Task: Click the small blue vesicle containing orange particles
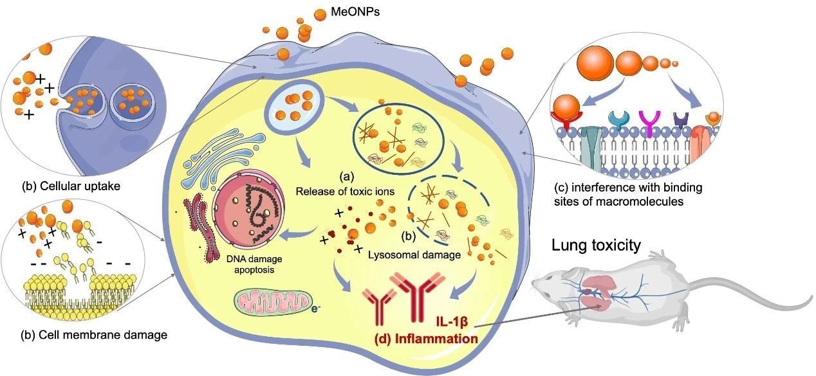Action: pyautogui.click(x=291, y=105)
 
